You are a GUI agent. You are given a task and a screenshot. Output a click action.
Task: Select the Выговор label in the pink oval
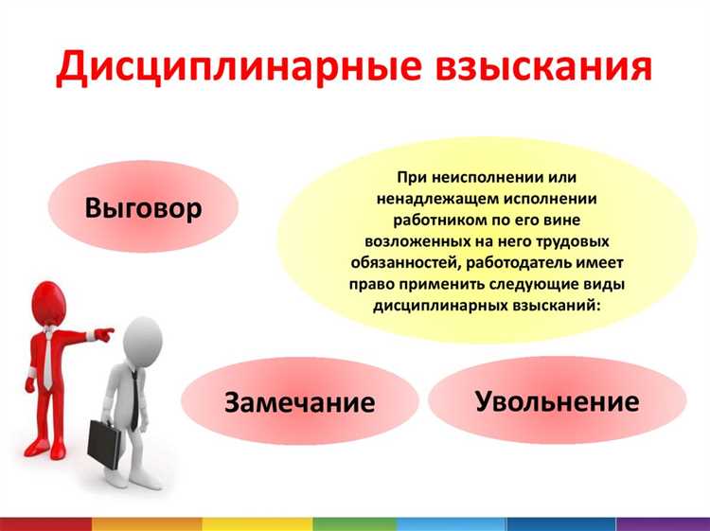143,207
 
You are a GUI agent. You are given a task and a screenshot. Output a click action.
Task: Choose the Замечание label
299,401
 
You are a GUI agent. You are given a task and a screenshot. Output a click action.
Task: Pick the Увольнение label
556,400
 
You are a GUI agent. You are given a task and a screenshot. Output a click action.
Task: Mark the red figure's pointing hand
105,334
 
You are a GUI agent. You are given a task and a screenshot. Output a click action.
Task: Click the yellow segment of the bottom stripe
257,523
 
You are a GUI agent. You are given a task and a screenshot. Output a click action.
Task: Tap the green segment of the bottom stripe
354,523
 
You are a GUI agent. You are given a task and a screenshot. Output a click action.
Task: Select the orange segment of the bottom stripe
147,523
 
